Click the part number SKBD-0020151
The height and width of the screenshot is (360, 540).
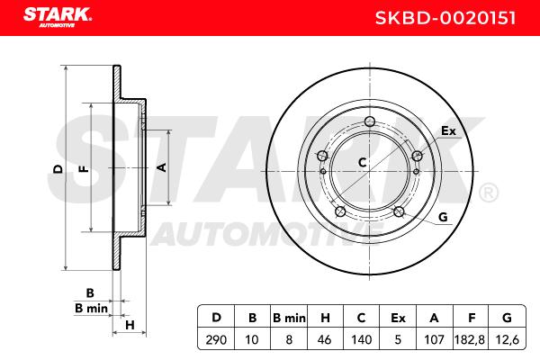(445, 18)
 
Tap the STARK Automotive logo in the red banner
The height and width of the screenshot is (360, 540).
(58, 18)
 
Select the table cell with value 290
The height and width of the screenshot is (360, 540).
(216, 339)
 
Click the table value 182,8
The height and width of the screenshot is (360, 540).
(470, 339)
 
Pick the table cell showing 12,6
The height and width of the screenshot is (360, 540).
(507, 339)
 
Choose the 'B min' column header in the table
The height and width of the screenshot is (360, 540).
(289, 318)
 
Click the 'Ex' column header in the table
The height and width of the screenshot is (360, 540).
(398, 318)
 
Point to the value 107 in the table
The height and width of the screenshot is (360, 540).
(434, 339)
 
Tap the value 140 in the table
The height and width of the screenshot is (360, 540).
(361, 339)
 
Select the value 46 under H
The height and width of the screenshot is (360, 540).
(324, 339)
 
